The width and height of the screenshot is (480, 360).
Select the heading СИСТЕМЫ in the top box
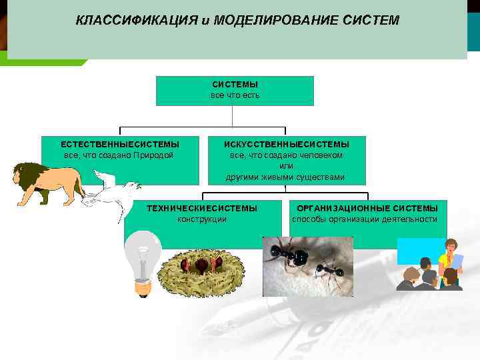[235, 85]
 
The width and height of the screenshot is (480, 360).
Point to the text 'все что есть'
[235, 95]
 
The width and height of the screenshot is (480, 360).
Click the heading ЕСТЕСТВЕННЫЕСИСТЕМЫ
[120, 144]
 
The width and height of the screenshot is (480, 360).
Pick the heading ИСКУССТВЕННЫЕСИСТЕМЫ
[286, 144]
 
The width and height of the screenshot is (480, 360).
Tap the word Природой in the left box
[153, 155]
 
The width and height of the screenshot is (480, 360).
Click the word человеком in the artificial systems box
[323, 155]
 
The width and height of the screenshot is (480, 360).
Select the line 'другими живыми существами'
[286, 177]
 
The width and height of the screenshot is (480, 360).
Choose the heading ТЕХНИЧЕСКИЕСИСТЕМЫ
[202, 209]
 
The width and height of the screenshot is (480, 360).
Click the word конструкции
[202, 219]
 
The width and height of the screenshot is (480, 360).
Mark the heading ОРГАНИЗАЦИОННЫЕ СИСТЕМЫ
[367, 209]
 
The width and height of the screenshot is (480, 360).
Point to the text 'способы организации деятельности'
[365, 219]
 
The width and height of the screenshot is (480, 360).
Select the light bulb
[143, 260]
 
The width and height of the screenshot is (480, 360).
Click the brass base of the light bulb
[143, 287]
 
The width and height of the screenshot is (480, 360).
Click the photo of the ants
[307, 266]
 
